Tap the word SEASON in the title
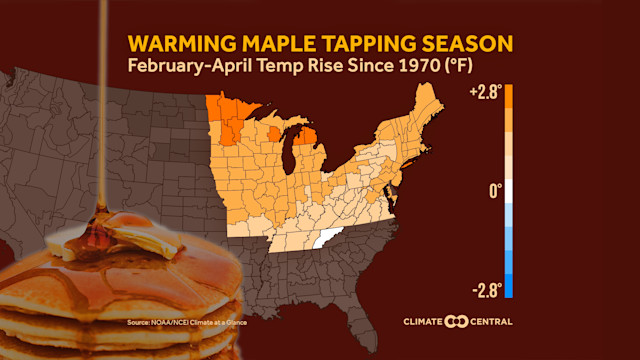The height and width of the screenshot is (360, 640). pyautogui.click(x=469, y=44)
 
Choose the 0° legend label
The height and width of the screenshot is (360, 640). pyautogui.click(x=495, y=190)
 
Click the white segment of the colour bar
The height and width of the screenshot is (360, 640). pyautogui.click(x=509, y=191)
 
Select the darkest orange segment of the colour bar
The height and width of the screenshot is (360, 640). pyautogui.click(x=509, y=96)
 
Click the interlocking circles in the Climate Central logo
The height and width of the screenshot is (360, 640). pyautogui.click(x=456, y=322)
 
